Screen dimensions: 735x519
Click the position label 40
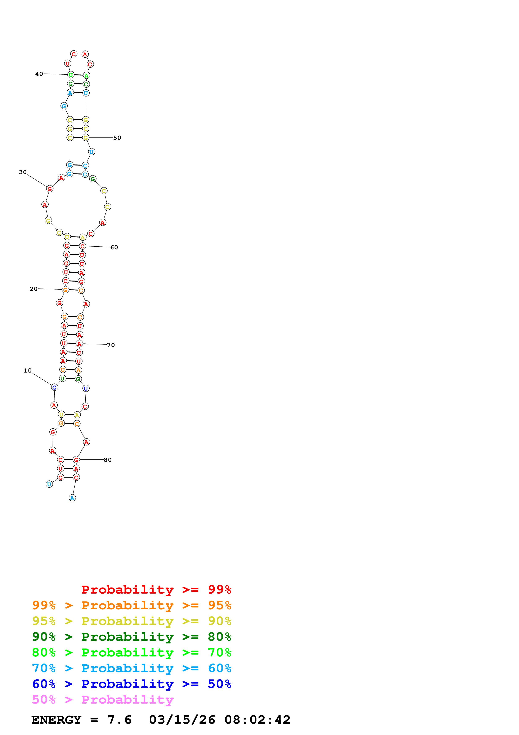pyautogui.click(x=39, y=74)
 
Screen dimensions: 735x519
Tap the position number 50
pyautogui.click(x=117, y=138)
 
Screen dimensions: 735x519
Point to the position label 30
pyautogui.click(x=23, y=172)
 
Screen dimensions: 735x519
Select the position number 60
pyautogui.click(x=114, y=247)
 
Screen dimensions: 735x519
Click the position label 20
pyautogui.click(x=33, y=289)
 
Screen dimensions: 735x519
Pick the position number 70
pyautogui.click(x=111, y=345)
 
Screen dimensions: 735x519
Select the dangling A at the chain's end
pyautogui.click(x=72, y=498)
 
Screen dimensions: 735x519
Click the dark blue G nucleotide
pyautogui.click(x=54, y=387)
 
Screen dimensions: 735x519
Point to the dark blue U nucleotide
pyautogui.click(x=86, y=388)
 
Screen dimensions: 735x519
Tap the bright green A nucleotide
pyautogui.click(x=86, y=76)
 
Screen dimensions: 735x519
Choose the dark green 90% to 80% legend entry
pyautogui.click(x=131, y=637)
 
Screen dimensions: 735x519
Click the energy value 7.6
pyautogui.click(x=119, y=720)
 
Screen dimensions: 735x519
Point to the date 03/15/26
pyautogui.click(x=182, y=720)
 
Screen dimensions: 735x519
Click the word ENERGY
pyautogui.click(x=56, y=720)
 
